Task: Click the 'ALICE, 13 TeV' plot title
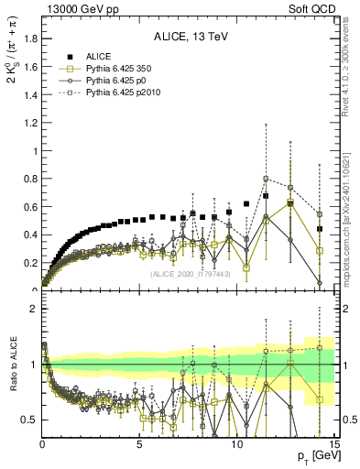point(188,38)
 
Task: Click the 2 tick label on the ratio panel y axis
point(33,309)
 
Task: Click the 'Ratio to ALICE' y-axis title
point(12,367)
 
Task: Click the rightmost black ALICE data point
point(320,229)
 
